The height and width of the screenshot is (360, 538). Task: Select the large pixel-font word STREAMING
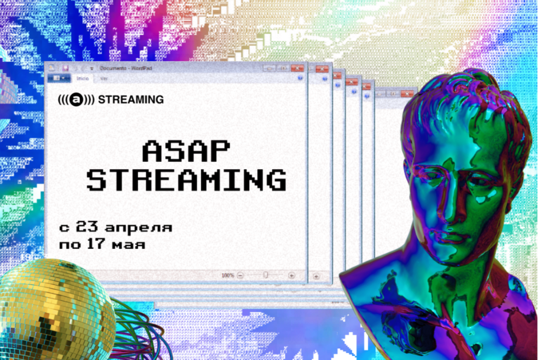pyautogui.click(x=186, y=180)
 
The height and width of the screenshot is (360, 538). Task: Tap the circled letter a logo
pyautogui.click(x=77, y=99)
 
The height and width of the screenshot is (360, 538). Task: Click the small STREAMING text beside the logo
pyautogui.click(x=131, y=99)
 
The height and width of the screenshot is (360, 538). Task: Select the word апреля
pyautogui.click(x=139, y=228)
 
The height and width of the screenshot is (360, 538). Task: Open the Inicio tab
pyautogui.click(x=83, y=78)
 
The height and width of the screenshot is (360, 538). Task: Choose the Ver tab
pyautogui.click(x=104, y=78)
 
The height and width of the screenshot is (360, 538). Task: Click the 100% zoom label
pyautogui.click(x=228, y=275)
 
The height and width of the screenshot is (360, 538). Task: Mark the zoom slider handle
pyautogui.click(x=266, y=275)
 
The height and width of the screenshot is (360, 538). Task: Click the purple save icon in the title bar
pyautogui.click(x=65, y=68)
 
